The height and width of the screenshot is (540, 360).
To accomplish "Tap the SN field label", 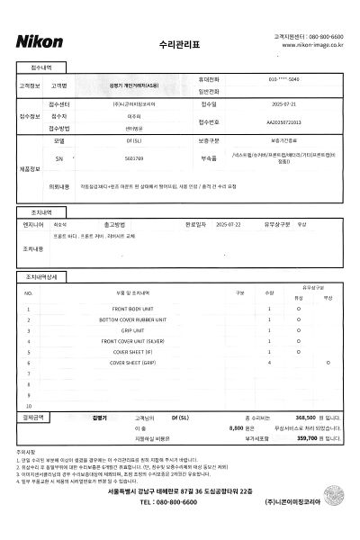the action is [x=59, y=156].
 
